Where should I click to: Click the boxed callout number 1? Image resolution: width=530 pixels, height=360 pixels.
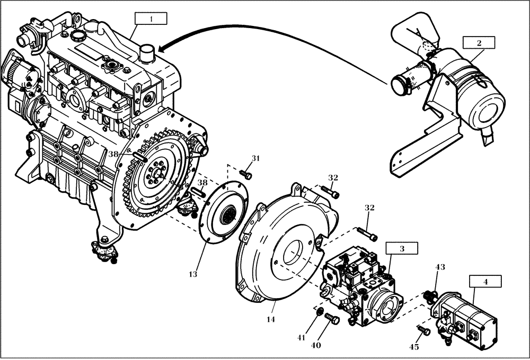tap(151, 19)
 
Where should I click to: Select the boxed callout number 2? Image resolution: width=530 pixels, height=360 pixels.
tap(479, 42)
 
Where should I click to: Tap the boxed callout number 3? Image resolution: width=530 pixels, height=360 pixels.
tap(401, 248)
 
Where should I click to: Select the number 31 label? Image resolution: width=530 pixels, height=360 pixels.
tap(256, 158)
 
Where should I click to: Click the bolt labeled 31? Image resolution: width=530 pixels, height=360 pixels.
tap(246, 173)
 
